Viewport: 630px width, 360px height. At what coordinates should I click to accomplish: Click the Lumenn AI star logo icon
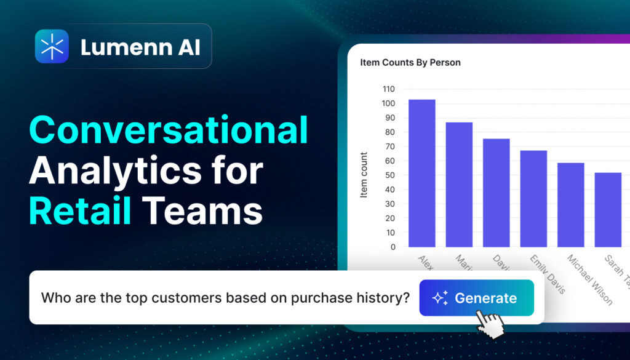(52, 46)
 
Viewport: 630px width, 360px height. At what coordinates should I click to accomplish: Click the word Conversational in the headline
(168, 130)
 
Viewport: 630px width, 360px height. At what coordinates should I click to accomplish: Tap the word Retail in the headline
(80, 210)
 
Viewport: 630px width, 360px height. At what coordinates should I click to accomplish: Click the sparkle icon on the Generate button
(439, 298)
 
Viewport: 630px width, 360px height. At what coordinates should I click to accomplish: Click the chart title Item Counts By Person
(410, 62)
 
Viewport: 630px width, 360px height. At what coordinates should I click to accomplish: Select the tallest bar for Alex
(421, 173)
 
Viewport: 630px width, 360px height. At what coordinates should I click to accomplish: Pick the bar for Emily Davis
(533, 198)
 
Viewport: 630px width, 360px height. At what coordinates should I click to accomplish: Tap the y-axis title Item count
(364, 175)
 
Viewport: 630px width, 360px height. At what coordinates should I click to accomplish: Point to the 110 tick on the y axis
(388, 89)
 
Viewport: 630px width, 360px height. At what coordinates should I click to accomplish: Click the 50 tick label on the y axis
(390, 175)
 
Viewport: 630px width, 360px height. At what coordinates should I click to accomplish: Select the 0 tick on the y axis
(393, 247)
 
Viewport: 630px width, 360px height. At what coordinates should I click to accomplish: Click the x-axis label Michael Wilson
(589, 279)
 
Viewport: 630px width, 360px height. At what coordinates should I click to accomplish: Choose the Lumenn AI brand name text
(140, 47)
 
